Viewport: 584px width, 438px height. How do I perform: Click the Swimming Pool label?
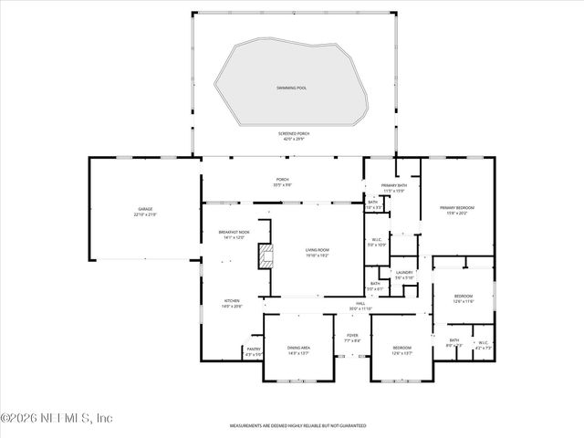click(293, 88)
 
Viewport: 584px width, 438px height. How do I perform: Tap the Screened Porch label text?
click(294, 134)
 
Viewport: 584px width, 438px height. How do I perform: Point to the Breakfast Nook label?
click(235, 232)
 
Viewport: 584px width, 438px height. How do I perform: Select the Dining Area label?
click(298, 348)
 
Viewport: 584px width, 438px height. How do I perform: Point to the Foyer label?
click(351, 336)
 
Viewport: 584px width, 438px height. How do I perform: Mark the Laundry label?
click(404, 273)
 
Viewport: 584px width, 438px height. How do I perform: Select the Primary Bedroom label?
click(458, 207)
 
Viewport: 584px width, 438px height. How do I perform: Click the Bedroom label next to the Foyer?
click(402, 348)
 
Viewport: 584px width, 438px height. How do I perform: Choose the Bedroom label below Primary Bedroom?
click(464, 297)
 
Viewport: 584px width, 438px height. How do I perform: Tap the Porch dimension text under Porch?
click(283, 185)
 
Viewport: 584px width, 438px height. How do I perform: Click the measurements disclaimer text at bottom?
click(297, 425)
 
